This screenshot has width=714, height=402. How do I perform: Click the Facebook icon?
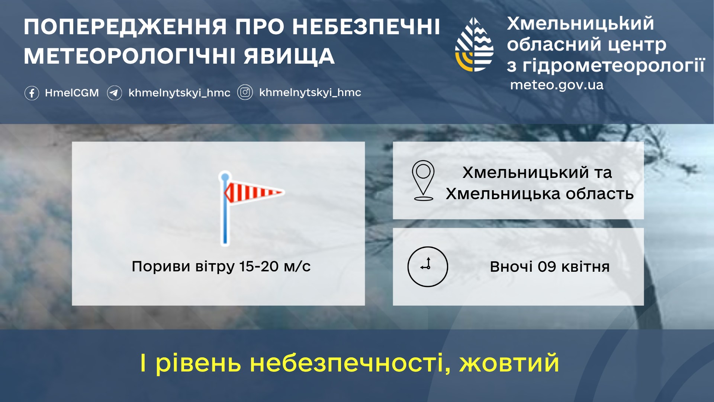click(x=32, y=93)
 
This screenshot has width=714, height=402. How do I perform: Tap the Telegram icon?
click(x=115, y=93)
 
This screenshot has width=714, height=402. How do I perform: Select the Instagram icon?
click(x=245, y=92)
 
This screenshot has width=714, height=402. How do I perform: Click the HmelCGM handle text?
click(x=72, y=93)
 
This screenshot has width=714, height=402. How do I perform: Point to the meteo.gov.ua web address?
click(x=557, y=85)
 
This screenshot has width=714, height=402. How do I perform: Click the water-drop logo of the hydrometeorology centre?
click(x=475, y=45)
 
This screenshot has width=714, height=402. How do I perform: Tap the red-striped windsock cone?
click(x=253, y=192)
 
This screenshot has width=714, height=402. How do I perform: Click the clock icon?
click(x=428, y=267)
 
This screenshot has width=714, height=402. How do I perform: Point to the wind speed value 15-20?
click(x=259, y=267)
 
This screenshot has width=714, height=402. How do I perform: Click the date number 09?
click(x=547, y=267)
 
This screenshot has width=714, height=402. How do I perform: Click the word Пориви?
click(x=161, y=267)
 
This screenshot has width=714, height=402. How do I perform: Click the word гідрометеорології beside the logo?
click(x=614, y=66)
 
